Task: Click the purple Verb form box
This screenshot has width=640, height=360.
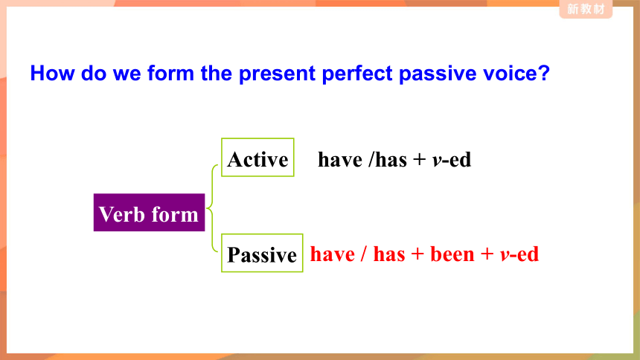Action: [149, 212]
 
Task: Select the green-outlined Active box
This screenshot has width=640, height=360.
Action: [257, 157]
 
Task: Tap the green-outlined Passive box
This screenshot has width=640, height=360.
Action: [262, 253]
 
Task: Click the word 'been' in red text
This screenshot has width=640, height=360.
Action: [452, 254]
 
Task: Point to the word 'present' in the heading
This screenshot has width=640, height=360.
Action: [277, 74]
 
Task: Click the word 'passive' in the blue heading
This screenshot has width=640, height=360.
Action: [438, 74]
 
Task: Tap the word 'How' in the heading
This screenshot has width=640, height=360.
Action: [52, 73]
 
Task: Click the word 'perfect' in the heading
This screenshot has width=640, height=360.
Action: [357, 74]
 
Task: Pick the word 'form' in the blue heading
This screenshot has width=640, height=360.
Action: [170, 73]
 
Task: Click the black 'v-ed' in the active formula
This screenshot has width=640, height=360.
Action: [452, 159]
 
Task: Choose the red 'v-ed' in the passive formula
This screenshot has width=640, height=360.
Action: [519, 254]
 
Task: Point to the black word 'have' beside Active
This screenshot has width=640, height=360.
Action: [340, 159]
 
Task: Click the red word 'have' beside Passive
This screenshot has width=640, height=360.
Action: [332, 254]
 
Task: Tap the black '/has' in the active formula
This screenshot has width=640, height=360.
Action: [387, 159]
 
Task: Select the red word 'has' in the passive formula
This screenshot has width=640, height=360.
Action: [389, 254]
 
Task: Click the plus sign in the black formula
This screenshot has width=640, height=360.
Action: [419, 160]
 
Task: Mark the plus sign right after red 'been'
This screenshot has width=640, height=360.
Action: [487, 254]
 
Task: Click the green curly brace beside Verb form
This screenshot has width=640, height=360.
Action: [212, 208]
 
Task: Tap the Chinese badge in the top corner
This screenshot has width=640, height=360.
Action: [586, 9]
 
